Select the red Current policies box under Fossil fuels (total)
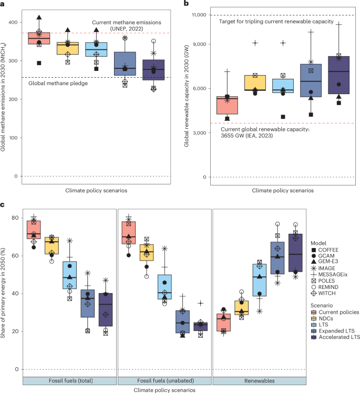[x=34, y=230]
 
